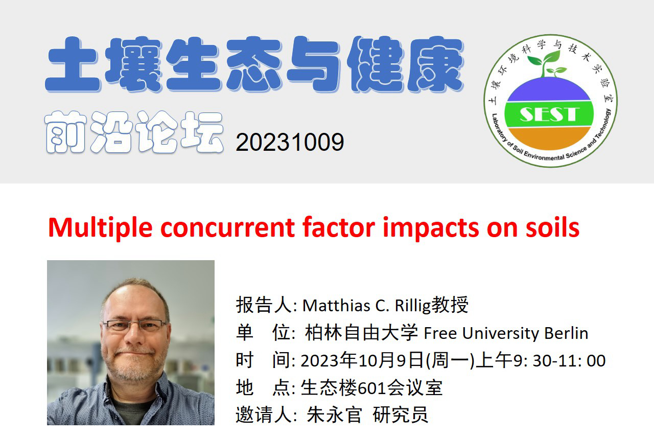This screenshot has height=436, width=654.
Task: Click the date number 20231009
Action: tap(290, 142)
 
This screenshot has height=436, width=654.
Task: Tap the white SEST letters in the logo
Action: tap(549, 114)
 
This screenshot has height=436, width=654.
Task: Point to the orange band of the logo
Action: tap(549, 139)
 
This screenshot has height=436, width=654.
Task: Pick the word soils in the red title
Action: tap(552, 227)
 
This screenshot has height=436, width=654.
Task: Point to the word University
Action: tap(500, 334)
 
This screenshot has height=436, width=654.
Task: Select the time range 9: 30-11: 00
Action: tap(559, 361)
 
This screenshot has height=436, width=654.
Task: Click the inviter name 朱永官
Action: tap(334, 415)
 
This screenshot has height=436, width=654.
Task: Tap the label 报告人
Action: tap(264, 305)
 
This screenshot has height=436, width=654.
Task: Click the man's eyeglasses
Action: tap(134, 325)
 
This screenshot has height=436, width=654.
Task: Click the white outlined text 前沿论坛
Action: tap(134, 132)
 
